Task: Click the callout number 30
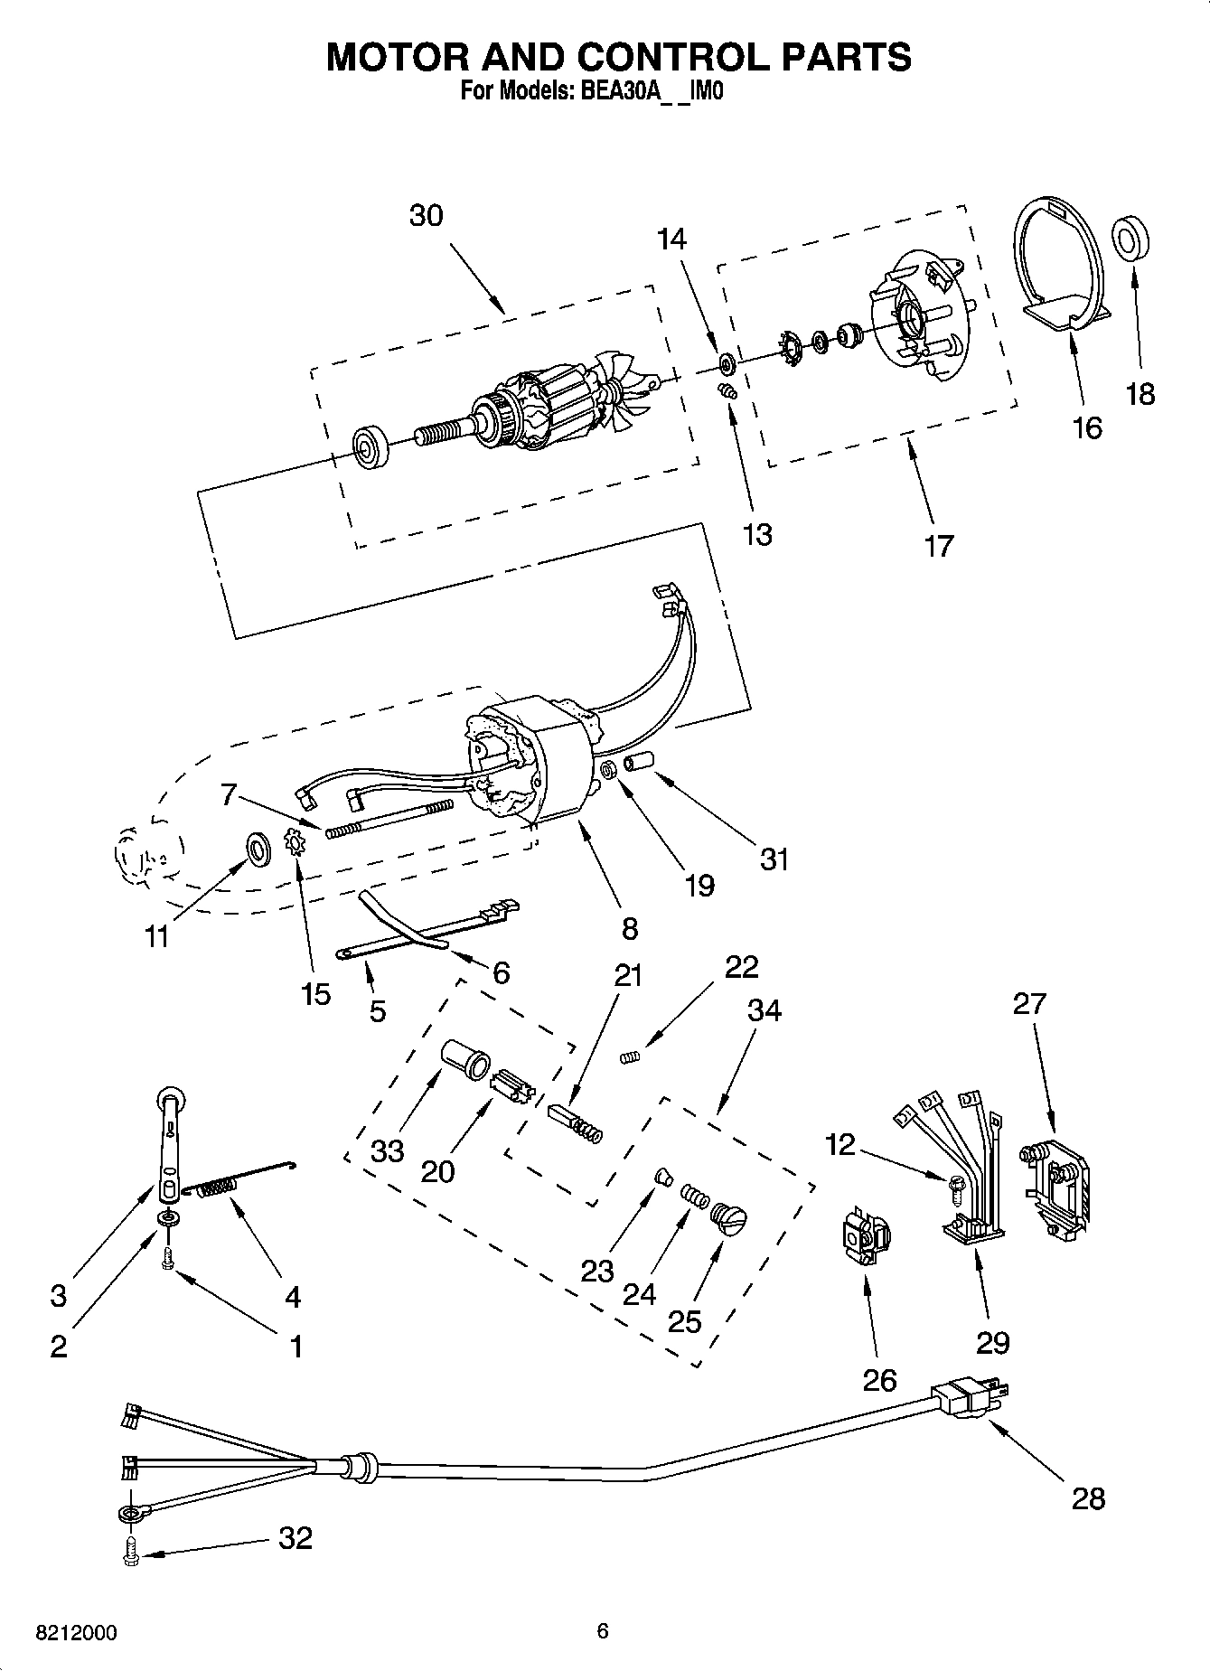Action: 427,216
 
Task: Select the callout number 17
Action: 939,546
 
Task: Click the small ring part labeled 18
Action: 1130,240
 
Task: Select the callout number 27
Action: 1029,1003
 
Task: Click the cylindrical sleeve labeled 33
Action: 464,1056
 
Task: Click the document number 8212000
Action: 76,1633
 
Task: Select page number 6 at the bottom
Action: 603,1631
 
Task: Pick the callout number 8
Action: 630,928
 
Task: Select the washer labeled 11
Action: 258,849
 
